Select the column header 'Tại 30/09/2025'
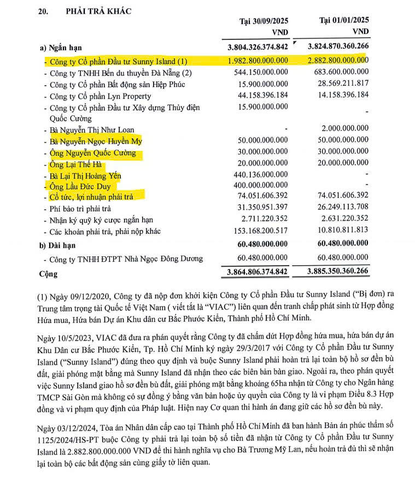point(264,21)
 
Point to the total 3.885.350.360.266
point(338,271)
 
